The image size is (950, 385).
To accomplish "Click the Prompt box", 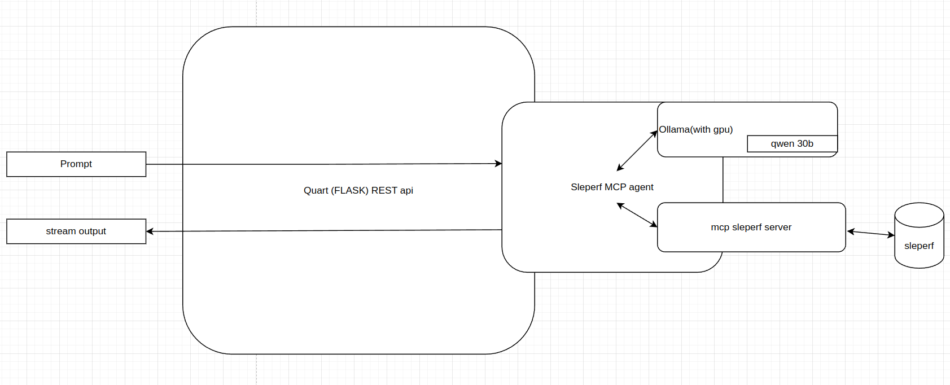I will [x=76, y=164].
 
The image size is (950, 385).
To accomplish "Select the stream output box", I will [x=76, y=231].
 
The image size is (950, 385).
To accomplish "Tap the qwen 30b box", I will [x=792, y=144].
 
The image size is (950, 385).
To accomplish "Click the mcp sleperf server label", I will [x=751, y=228].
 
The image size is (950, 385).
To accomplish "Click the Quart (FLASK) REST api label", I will [x=358, y=191].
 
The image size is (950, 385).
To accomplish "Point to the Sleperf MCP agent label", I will [x=612, y=187].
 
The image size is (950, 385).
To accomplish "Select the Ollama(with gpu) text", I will [x=696, y=130].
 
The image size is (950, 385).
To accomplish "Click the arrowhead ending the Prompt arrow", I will [x=498, y=164].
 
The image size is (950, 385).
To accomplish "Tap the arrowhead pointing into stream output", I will [x=150, y=231].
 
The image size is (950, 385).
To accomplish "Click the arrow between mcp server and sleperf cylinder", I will [x=871, y=233].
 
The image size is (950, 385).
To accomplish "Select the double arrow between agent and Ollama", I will [x=637, y=151].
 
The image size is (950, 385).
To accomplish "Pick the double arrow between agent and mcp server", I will [x=637, y=215].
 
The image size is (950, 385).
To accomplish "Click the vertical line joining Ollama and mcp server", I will [x=723, y=180].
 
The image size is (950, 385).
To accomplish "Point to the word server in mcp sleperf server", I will [x=777, y=228].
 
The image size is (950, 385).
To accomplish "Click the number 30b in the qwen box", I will [x=805, y=144].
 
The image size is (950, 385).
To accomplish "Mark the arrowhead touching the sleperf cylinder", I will [x=891, y=235].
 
